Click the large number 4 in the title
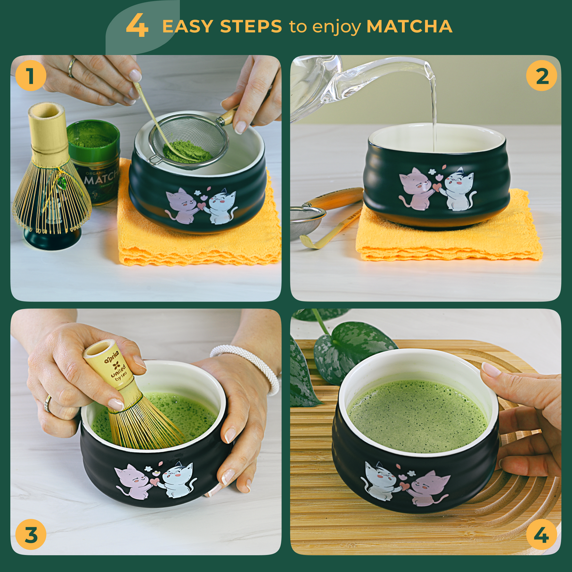pos(137,26)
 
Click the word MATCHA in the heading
pos(409,27)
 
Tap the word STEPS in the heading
pos(251,27)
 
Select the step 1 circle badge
pos(31,76)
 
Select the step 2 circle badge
pos(541,76)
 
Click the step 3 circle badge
pos(31,535)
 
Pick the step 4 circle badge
pos(541,535)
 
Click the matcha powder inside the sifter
pos(187,152)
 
